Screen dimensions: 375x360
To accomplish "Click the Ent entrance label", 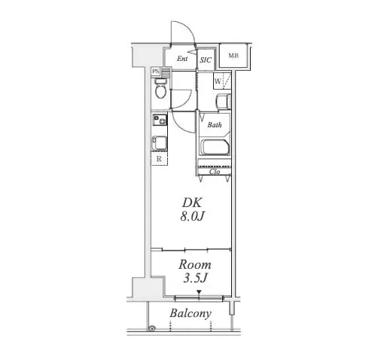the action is [x=182, y=59].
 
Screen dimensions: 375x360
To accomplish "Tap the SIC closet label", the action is [x=206, y=60].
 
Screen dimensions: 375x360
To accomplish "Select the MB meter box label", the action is [x=233, y=56].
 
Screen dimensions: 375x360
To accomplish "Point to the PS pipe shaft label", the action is [x=156, y=72].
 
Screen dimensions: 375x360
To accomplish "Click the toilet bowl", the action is [x=160, y=89].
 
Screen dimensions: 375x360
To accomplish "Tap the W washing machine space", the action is [x=222, y=81].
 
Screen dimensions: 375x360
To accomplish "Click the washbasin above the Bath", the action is [x=223, y=102].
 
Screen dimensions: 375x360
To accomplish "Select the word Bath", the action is [x=215, y=125].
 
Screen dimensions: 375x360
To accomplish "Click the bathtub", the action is [x=215, y=147].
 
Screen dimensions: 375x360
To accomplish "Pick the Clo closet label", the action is [x=215, y=172].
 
